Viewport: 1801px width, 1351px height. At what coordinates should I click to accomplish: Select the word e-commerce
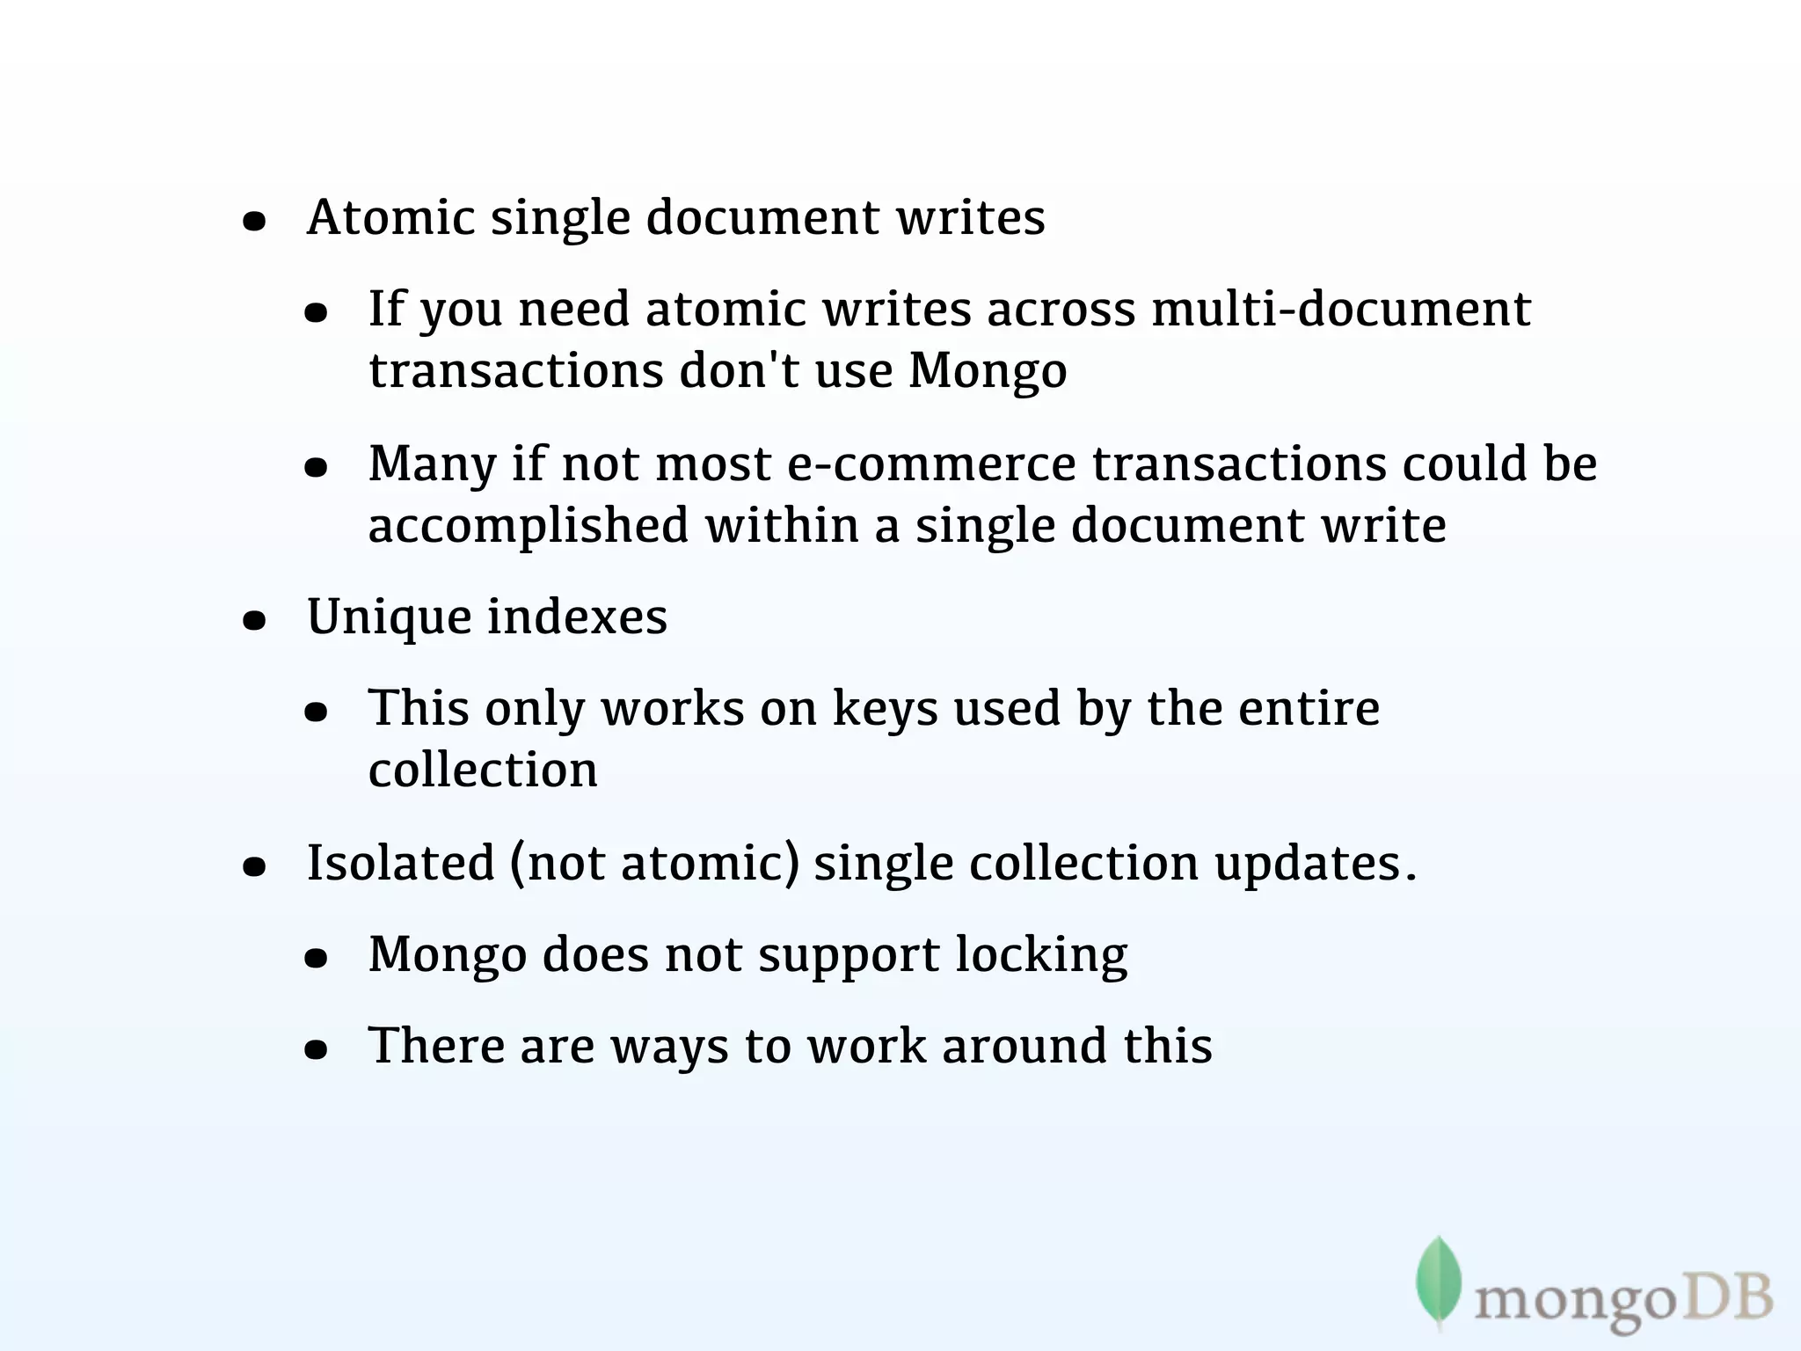[x=931, y=464]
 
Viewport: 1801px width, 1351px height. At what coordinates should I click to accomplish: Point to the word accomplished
[x=528, y=526]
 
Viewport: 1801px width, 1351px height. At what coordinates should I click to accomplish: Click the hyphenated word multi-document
[x=1341, y=310]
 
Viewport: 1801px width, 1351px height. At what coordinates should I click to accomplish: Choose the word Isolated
[x=400, y=862]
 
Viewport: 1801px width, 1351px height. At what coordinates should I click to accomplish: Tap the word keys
[x=885, y=709]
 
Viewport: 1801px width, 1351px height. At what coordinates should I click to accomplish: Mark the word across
[x=1061, y=310]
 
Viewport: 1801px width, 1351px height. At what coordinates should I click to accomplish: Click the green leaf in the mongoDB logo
[x=1439, y=1281]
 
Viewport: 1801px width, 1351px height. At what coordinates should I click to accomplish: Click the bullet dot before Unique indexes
[x=254, y=621]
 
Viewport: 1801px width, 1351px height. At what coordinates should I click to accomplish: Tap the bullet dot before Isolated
[x=254, y=867]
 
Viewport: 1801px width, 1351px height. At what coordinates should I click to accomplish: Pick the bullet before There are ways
[x=316, y=1050]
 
